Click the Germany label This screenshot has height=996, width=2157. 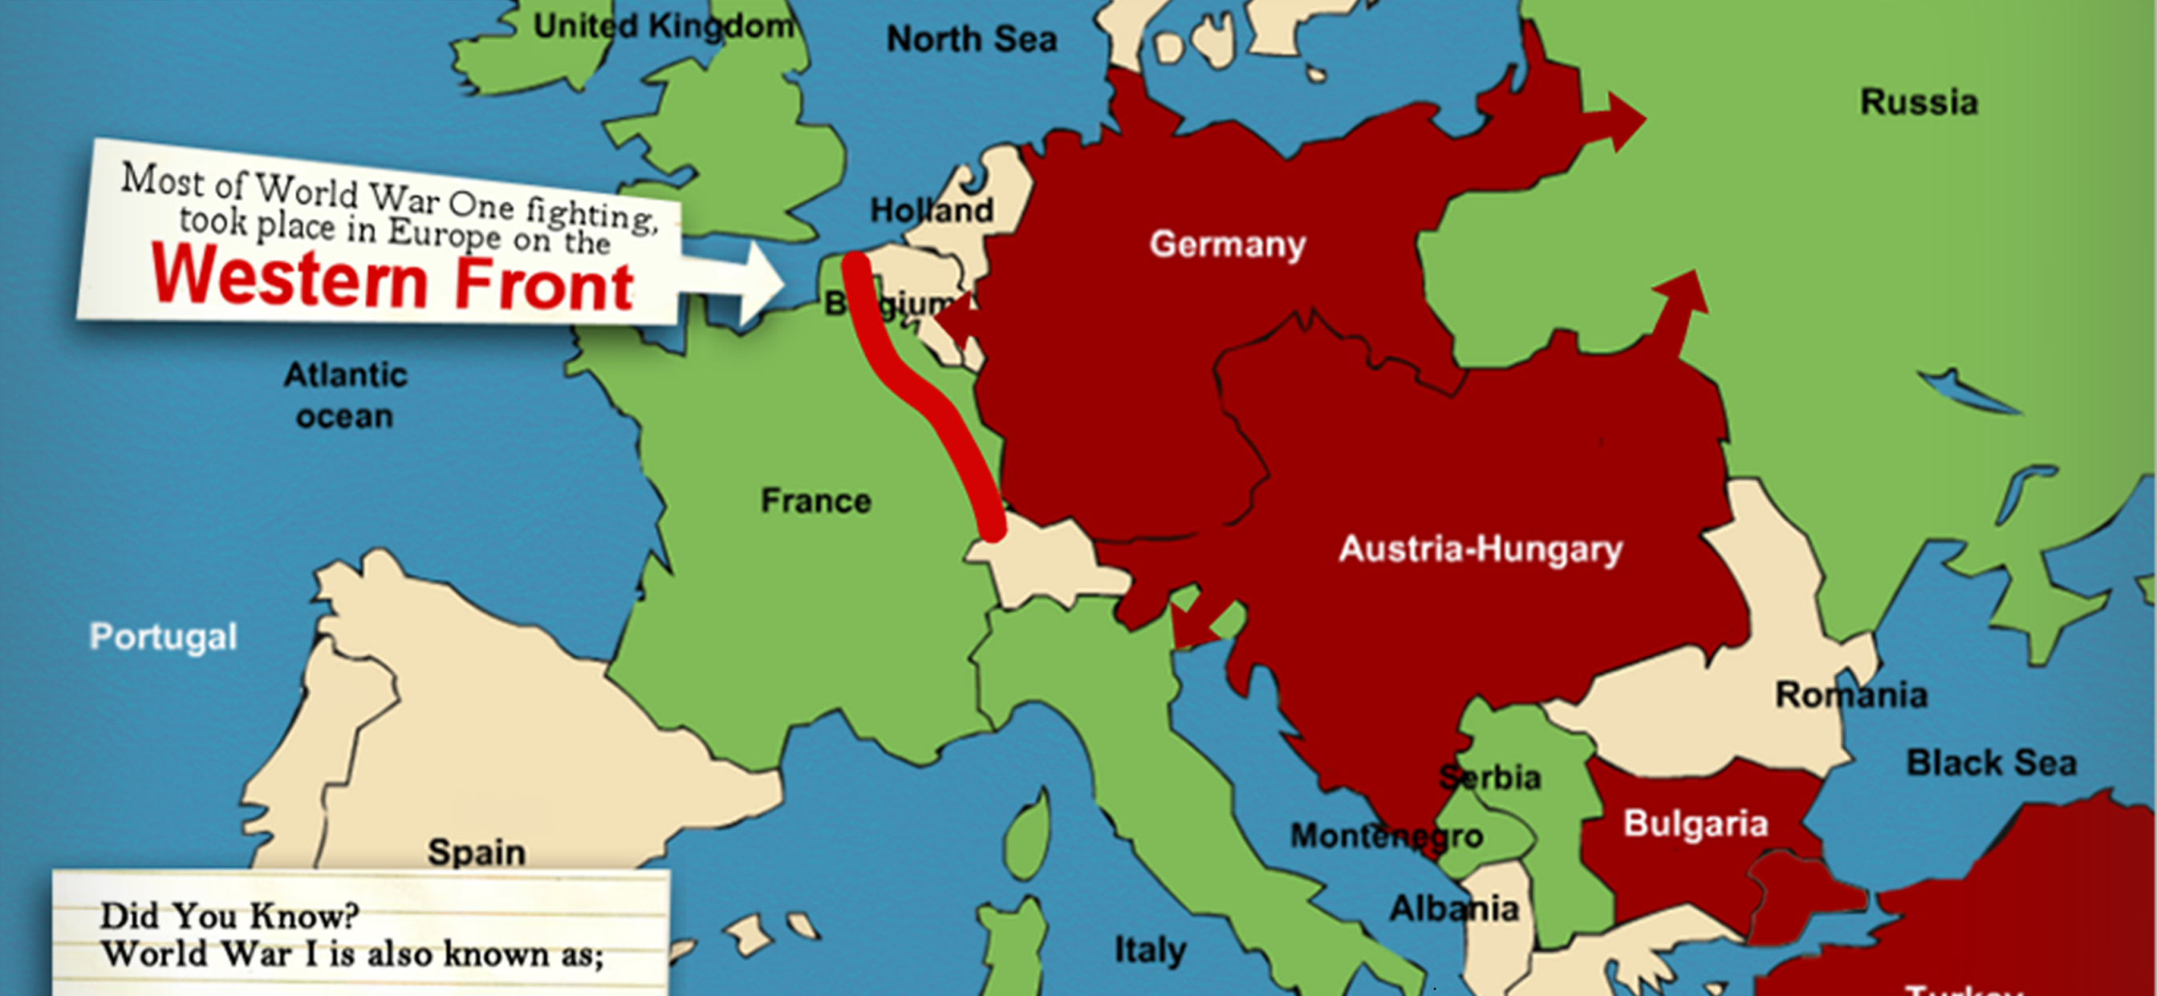(1227, 245)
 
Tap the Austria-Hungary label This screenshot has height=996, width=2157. (1480, 549)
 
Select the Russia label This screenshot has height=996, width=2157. (1919, 102)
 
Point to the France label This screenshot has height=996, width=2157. (815, 500)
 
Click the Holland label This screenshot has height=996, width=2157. (931, 210)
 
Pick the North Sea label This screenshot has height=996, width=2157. (971, 38)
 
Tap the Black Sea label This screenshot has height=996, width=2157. (1991, 763)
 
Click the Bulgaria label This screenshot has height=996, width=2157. (1696, 824)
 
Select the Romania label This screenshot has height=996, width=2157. (1851, 694)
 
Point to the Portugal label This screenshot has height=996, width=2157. (163, 637)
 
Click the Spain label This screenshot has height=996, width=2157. (477, 852)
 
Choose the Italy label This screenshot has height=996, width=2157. (1150, 950)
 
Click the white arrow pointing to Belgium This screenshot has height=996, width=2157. (737, 283)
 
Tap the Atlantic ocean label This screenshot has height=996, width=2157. (345, 395)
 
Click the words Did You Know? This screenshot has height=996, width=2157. (229, 916)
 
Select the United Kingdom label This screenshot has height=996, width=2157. (663, 26)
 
